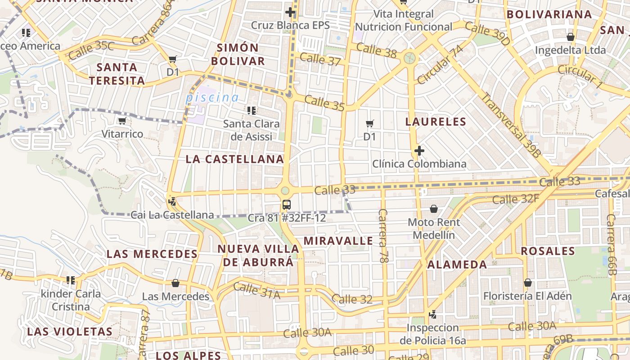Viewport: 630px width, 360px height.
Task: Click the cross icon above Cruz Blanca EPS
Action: click(290, 12)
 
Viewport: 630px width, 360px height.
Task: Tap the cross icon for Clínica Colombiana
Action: click(419, 151)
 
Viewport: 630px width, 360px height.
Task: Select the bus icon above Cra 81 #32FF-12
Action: click(286, 205)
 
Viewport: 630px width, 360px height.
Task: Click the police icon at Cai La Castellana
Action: click(171, 201)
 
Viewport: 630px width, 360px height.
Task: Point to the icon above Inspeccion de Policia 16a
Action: click(432, 315)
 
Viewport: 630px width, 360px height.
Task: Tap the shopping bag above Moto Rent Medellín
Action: click(434, 209)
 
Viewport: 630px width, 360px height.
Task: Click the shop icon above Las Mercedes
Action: click(175, 283)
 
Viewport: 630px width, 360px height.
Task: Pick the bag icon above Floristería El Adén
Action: click(527, 283)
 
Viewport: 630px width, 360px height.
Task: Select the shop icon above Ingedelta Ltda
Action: click(570, 37)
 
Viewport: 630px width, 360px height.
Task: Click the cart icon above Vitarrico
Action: click(122, 121)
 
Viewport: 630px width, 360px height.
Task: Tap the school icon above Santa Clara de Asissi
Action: click(252, 110)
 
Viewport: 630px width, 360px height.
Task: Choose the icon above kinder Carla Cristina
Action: click(71, 280)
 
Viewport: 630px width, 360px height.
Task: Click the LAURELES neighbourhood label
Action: click(436, 121)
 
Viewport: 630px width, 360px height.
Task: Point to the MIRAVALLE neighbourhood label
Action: click(338, 241)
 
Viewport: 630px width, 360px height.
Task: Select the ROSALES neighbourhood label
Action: click(548, 251)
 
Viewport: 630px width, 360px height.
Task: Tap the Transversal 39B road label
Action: click(510, 125)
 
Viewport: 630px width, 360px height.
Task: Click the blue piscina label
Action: click(212, 97)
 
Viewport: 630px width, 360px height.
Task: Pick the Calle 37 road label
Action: click(320, 59)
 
